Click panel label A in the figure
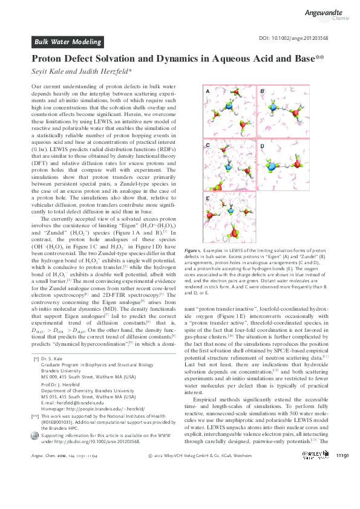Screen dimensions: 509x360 [x=208, y=91]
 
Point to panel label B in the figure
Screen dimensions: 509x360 [x=262, y=91]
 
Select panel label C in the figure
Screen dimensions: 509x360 [x=208, y=146]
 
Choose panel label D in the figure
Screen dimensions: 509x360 [x=262, y=146]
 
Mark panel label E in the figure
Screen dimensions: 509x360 [x=208, y=198]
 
